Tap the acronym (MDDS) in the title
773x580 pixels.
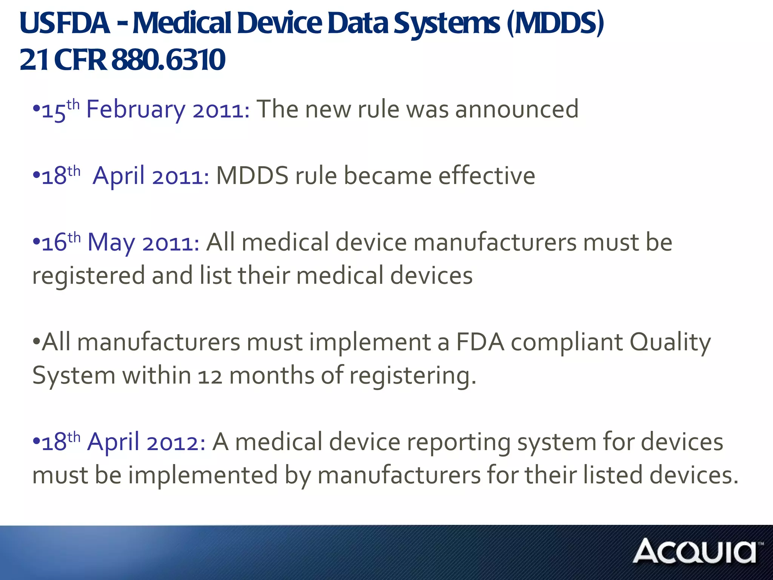pyautogui.click(x=555, y=23)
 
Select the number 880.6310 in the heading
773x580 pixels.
pyautogui.click(x=168, y=60)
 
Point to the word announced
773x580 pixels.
pyautogui.click(x=517, y=110)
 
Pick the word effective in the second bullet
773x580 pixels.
pyautogui.click(x=487, y=176)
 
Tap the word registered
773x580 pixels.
pyautogui.click(x=88, y=276)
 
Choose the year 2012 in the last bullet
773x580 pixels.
pyautogui.click(x=176, y=443)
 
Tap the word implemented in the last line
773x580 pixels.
pyautogui.click(x=203, y=475)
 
